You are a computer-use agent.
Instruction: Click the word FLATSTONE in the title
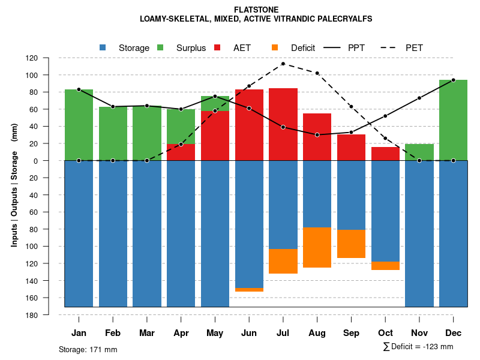[240, 10]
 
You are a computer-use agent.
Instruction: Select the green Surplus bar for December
[453, 120]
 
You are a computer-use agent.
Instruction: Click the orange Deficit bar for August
[317, 247]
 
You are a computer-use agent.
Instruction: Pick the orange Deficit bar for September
[351, 244]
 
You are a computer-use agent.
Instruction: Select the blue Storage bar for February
[113, 234]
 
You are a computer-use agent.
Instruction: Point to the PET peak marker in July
[283, 64]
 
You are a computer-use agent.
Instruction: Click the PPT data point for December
[453, 80]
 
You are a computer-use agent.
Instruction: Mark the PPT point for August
[317, 135]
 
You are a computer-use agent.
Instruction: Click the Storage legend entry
[126, 48]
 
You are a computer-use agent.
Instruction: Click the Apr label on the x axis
[181, 333]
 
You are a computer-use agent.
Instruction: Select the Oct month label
[385, 333]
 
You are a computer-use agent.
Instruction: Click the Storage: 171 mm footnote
[88, 349]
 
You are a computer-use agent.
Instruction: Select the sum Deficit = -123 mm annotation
[418, 347]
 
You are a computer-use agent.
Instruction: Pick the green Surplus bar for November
[419, 152]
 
